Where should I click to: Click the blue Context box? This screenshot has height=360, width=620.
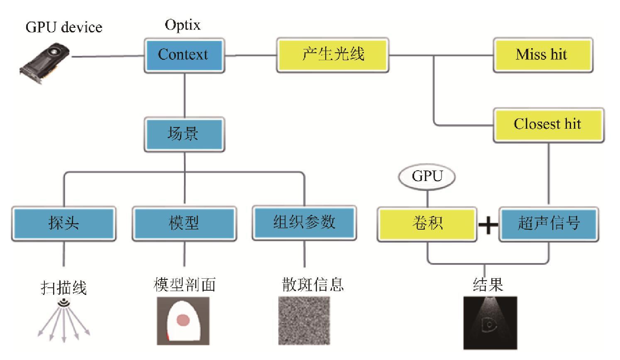click(184, 55)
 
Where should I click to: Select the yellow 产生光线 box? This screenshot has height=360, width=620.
click(333, 55)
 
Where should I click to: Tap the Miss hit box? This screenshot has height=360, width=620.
click(542, 55)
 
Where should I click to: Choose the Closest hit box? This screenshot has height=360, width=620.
click(548, 125)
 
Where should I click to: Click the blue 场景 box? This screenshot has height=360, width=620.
click(184, 134)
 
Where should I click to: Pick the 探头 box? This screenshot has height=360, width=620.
click(63, 223)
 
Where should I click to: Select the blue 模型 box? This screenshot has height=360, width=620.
click(184, 223)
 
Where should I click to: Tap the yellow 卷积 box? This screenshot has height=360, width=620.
click(427, 223)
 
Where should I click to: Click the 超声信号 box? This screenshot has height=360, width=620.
click(548, 223)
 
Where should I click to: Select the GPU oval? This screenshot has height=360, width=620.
click(427, 176)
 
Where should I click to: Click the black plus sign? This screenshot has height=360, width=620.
click(488, 225)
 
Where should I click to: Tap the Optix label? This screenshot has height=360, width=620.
click(183, 25)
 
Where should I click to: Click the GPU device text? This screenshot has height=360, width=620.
click(64, 27)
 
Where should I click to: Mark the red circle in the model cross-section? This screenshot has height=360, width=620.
click(183, 320)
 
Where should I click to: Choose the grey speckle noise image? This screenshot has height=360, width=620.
click(304, 320)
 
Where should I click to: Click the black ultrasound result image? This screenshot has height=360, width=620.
click(490, 323)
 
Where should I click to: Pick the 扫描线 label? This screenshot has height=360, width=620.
click(63, 287)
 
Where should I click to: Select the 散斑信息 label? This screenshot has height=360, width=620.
click(312, 285)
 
